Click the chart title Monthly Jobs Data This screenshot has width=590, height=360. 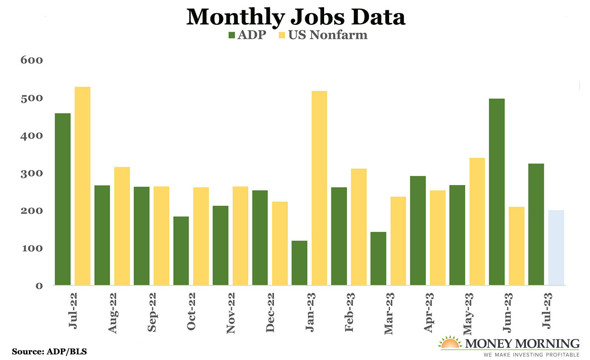pos(296,17)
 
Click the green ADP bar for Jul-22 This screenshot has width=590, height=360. pos(63,199)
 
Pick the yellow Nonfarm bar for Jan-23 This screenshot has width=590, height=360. pos(320,188)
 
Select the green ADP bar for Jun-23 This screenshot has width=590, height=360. pos(497,192)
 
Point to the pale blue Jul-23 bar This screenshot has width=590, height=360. pos(556,247)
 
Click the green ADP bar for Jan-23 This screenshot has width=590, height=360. pos(300,263)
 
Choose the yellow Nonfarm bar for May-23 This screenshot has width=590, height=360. pos(477,221)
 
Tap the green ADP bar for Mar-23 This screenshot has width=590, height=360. pos(379,258)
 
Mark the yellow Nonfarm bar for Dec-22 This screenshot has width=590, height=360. pos(280,243)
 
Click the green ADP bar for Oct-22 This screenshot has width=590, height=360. pos(181,250)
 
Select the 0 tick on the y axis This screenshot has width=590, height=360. pos(39,286)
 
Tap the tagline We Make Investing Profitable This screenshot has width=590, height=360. pos(531,355)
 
